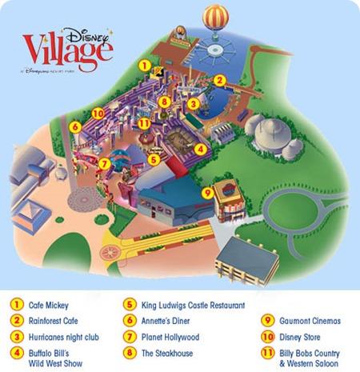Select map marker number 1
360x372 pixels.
144,65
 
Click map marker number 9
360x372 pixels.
208,191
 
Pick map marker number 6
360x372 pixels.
74,126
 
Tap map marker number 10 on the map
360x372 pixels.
98,113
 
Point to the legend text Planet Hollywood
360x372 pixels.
170,337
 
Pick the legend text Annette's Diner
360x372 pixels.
167,321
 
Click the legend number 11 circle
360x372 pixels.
264,353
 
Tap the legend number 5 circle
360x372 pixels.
128,305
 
